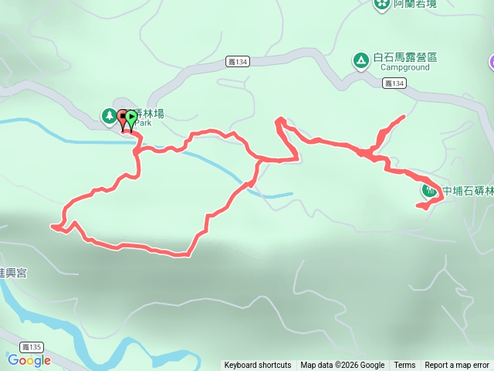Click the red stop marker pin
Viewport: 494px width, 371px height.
point(122,117)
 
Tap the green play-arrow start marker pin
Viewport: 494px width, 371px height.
point(131,118)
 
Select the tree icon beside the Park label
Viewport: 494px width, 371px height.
point(109,116)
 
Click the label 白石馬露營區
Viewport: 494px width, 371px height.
point(405,57)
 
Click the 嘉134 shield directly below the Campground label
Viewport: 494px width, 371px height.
point(394,83)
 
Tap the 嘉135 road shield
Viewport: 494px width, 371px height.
point(31,349)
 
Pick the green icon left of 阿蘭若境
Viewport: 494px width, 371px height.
point(381,5)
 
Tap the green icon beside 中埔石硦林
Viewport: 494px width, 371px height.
point(429,189)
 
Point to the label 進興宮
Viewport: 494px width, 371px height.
point(12,273)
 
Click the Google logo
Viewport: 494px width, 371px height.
point(29,360)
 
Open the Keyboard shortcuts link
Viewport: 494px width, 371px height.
point(258,366)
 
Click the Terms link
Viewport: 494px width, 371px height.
point(404,366)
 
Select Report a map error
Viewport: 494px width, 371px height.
point(457,366)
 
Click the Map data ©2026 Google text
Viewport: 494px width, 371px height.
point(343,366)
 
